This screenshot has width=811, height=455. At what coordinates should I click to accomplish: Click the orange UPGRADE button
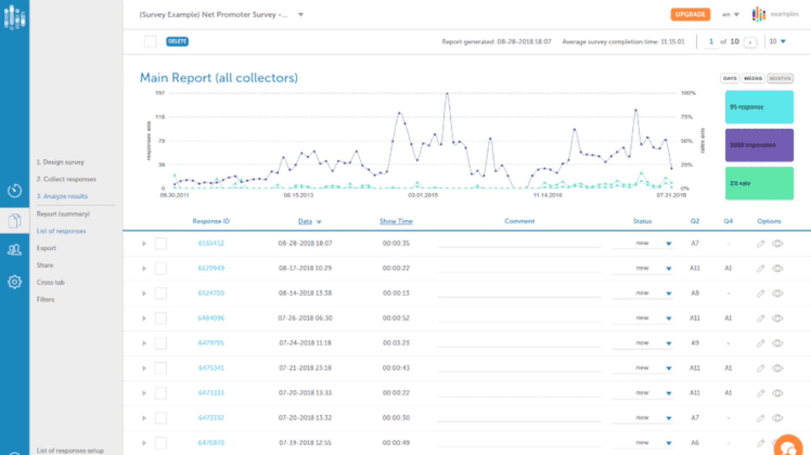(690, 14)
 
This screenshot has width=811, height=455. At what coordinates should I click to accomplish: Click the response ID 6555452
(211, 243)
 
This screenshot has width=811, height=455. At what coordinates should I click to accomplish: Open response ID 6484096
(211, 318)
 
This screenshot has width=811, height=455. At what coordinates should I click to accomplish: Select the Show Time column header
(396, 221)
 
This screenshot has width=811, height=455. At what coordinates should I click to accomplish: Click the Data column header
(305, 221)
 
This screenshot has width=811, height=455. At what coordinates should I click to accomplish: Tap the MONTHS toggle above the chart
(780, 79)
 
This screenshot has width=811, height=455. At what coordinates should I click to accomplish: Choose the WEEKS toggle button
(753, 79)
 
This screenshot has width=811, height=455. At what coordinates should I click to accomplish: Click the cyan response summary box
(759, 107)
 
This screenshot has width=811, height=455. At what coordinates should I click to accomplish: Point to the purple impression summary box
(759, 145)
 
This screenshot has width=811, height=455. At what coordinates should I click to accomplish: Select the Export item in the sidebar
(46, 248)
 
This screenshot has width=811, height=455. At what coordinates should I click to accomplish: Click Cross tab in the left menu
(50, 282)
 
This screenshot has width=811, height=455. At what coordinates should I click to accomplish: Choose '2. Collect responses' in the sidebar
(66, 179)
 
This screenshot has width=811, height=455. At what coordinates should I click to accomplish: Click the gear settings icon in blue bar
(14, 282)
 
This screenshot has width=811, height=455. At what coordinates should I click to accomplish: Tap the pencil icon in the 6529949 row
(760, 268)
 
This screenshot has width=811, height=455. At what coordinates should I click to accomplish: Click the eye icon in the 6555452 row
(777, 244)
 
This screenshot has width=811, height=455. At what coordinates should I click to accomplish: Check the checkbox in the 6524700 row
(161, 293)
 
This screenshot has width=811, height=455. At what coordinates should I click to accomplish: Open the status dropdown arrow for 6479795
(669, 343)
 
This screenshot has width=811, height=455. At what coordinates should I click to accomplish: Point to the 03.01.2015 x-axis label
(422, 195)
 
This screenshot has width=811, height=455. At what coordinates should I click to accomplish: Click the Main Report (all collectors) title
(219, 78)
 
